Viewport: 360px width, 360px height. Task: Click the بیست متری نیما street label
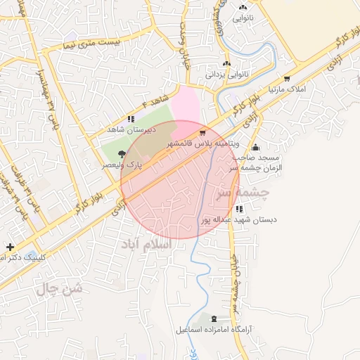tap(91, 44)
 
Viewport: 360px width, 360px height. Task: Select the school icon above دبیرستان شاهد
tap(131, 119)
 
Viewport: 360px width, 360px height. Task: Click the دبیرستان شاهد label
tap(129, 130)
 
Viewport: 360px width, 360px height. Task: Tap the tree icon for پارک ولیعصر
tap(122, 153)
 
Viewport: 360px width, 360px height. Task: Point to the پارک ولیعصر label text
tap(122, 164)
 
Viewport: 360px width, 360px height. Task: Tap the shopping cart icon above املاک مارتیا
tap(287, 79)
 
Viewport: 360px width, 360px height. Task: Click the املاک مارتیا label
tap(287, 90)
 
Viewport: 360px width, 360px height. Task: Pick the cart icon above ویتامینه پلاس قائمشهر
tap(203, 132)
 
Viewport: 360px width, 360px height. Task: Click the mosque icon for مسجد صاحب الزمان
tap(255, 148)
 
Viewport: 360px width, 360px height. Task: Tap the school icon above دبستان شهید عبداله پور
tap(239, 209)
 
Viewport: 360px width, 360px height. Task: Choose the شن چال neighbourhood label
tap(57, 288)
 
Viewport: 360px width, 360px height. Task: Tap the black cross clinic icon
tap(9, 247)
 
